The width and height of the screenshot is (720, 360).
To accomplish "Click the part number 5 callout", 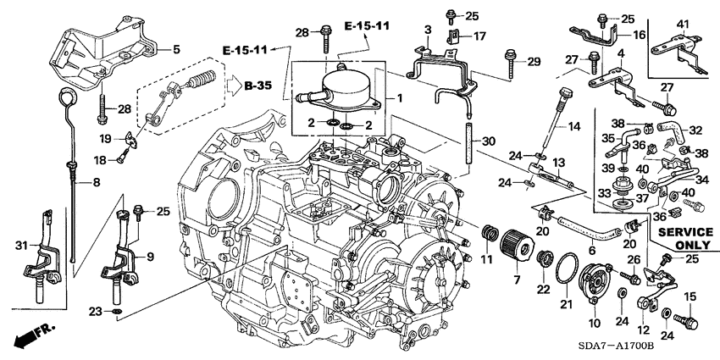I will pos(176,49).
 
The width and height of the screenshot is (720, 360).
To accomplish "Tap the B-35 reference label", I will pos(260,86).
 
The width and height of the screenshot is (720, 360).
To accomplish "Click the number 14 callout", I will pos(574,127).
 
